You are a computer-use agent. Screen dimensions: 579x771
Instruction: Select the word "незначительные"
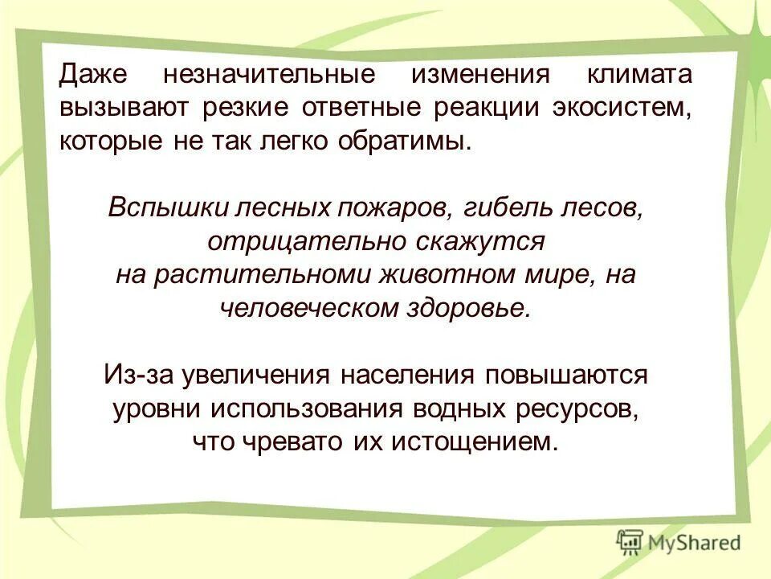click(269, 76)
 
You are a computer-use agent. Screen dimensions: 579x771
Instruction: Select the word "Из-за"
click(137, 375)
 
